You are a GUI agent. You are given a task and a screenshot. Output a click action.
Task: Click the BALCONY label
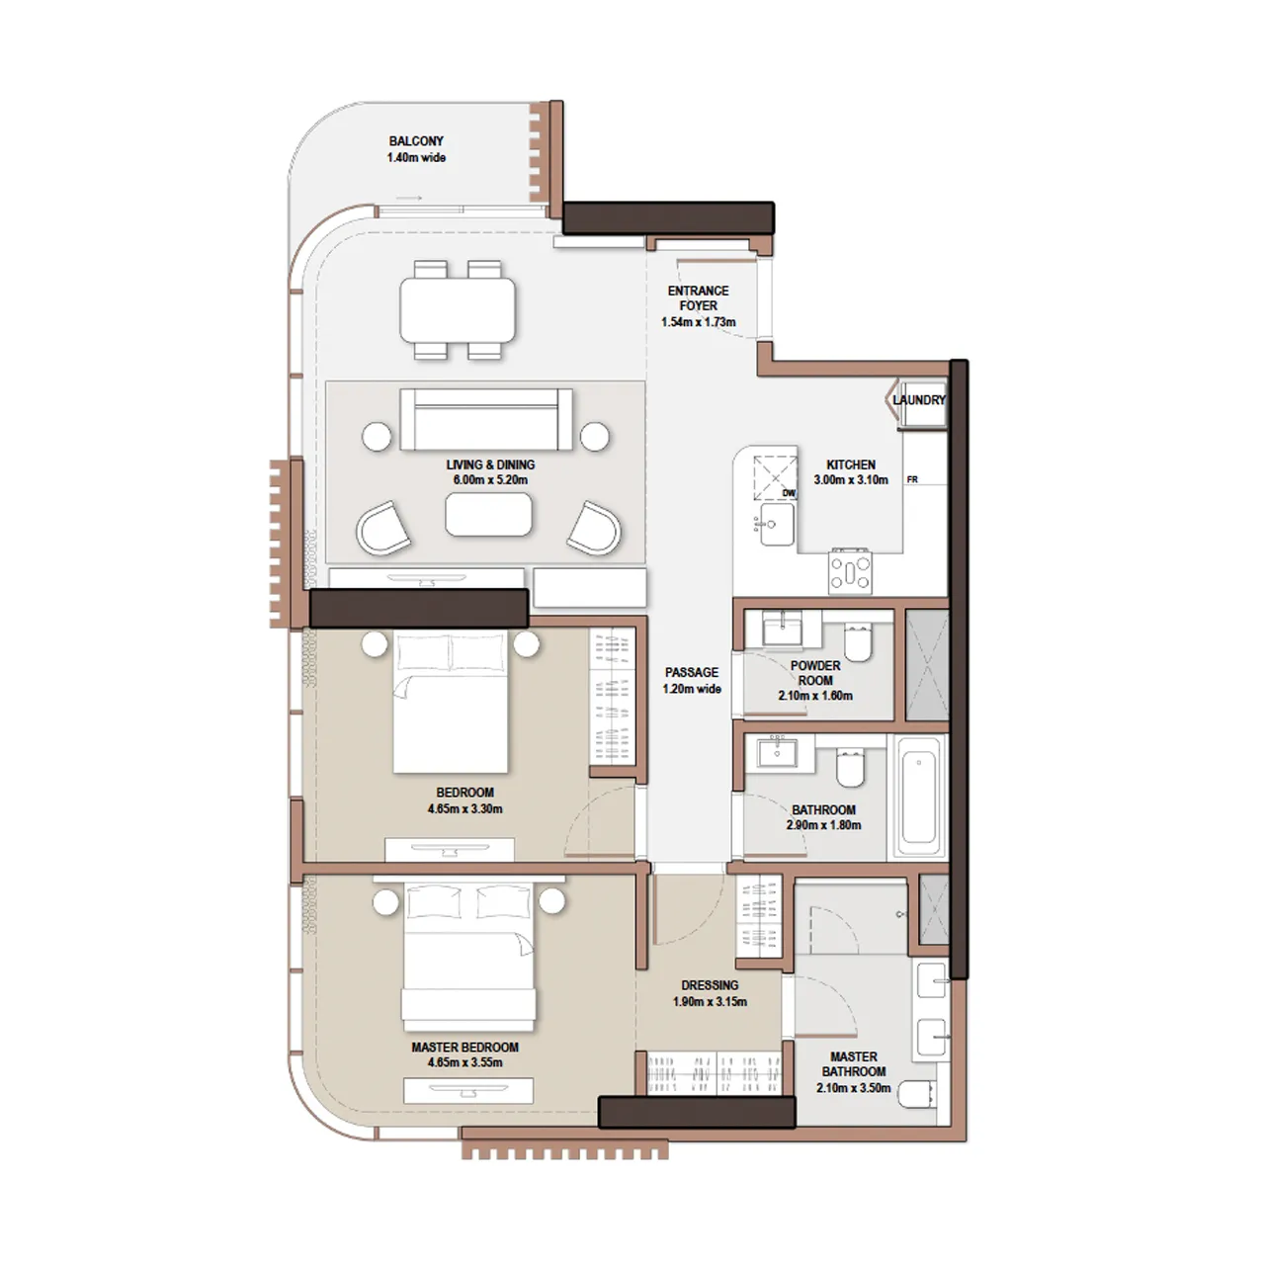click(416, 141)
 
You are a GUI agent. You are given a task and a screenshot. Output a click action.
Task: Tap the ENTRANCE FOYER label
click(698, 298)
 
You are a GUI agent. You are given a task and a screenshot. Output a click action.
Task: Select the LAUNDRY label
click(919, 400)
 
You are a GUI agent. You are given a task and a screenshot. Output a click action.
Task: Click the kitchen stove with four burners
click(850, 571)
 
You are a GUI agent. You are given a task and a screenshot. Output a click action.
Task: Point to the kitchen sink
click(776, 524)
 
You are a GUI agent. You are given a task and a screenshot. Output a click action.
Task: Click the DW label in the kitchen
click(789, 493)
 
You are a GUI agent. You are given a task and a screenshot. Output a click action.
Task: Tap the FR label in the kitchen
click(912, 480)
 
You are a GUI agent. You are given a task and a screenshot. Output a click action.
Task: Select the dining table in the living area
click(458, 309)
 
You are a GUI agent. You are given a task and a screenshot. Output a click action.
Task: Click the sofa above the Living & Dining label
click(486, 418)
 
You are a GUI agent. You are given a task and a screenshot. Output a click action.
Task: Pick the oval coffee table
click(488, 515)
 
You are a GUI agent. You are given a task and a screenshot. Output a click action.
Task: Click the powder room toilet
click(858, 642)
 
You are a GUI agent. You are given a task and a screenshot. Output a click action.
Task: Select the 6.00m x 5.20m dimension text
click(490, 480)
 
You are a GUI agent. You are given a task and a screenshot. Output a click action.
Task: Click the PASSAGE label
click(692, 672)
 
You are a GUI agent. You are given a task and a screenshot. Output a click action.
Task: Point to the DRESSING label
click(710, 985)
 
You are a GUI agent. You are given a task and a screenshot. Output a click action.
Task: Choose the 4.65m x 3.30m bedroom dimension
click(464, 808)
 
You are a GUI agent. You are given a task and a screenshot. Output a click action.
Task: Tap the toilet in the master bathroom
click(917, 1093)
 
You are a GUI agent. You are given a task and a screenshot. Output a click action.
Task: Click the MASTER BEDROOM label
click(464, 1048)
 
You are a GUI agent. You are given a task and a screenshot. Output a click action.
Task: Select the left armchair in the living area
click(383, 528)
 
